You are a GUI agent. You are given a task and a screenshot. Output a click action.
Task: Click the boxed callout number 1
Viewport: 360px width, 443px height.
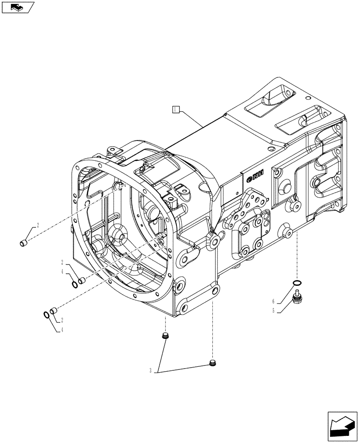click(176, 109)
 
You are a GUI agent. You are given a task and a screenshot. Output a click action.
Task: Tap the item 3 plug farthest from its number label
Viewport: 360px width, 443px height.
click(212, 364)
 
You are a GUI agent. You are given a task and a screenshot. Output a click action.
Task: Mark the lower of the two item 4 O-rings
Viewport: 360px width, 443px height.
click(47, 315)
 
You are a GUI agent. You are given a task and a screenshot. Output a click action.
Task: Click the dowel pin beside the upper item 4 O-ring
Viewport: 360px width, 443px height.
click(81, 280)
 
